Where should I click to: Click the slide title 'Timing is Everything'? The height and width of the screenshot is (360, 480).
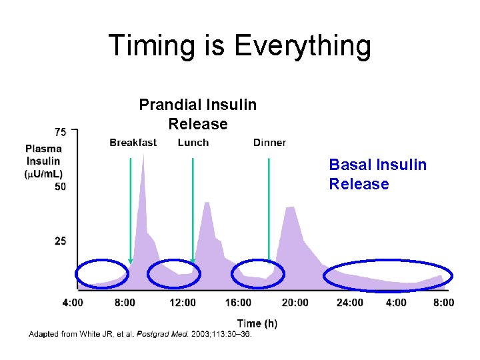(239, 46)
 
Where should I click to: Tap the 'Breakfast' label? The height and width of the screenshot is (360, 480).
(133, 143)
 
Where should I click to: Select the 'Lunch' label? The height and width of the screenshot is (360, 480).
(193, 143)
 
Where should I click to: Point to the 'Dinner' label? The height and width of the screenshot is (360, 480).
(269, 143)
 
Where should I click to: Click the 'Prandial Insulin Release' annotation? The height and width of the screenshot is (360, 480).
(197, 114)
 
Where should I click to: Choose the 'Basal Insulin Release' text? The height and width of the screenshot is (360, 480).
(377, 174)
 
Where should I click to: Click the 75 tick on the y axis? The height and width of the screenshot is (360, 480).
(60, 131)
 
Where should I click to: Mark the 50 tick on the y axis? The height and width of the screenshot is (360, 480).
(60, 187)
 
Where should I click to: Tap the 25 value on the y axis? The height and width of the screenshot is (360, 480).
(60, 241)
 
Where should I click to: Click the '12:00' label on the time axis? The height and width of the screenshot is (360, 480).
(183, 303)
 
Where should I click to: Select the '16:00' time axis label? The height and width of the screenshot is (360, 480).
(239, 303)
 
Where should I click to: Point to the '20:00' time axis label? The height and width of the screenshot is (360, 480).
(295, 303)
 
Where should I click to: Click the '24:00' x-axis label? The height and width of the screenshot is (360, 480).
(350, 303)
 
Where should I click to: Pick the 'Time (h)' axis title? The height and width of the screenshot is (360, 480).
(257, 323)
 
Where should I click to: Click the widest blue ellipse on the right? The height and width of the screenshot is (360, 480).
(388, 275)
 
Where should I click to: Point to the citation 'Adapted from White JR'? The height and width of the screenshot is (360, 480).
(140, 334)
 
